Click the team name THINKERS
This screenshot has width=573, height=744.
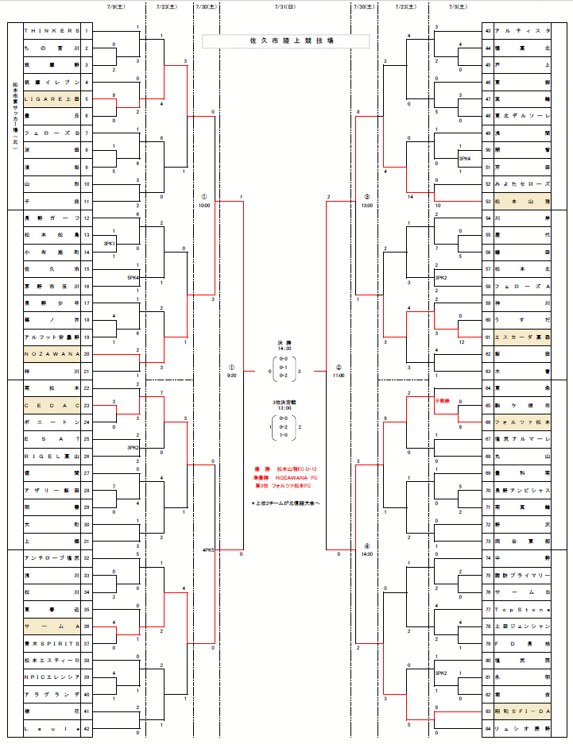click(52, 31)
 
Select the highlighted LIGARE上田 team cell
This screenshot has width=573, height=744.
click(52, 99)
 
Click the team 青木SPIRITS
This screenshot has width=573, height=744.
click(52, 643)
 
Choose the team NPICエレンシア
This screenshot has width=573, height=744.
click(52, 677)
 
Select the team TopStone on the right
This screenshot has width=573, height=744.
click(522, 609)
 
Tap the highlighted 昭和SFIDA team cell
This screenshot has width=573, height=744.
click(522, 711)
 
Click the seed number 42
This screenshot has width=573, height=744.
click(86, 728)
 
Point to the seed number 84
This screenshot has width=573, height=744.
click(487, 728)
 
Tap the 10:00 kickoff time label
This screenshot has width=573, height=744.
click(204, 204)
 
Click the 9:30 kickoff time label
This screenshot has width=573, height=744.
click(231, 375)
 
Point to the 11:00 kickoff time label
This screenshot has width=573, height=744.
click(339, 375)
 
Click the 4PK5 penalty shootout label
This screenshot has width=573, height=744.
click(209, 549)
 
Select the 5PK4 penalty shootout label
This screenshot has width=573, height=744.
click(133, 278)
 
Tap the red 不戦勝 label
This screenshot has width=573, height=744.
click(443, 400)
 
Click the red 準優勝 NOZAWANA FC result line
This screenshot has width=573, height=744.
click(286, 478)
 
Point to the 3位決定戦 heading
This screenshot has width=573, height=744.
click(285, 403)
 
